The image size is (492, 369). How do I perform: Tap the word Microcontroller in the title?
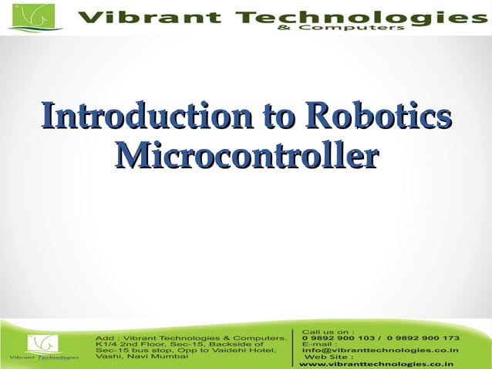pyautogui.click(x=246, y=154)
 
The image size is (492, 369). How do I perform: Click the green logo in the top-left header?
pyautogui.click(x=35, y=17)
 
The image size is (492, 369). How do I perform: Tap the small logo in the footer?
pyautogui.click(x=43, y=344)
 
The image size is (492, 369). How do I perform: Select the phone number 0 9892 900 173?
pyautogui.click(x=423, y=338)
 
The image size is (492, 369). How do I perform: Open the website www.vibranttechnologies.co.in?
pyautogui.click(x=376, y=364)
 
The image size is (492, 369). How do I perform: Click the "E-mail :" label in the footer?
pyautogui.click(x=320, y=344)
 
